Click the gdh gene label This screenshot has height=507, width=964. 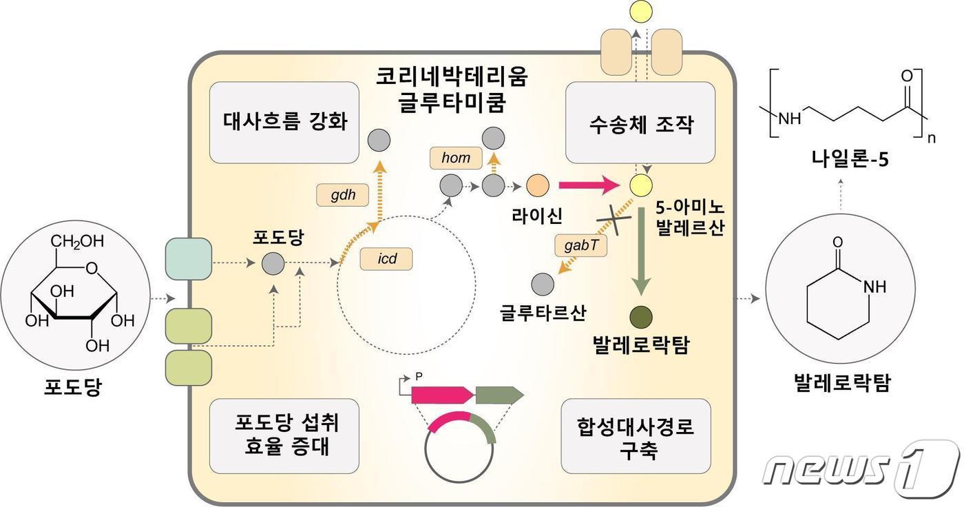(x=343, y=194)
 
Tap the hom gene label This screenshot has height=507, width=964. (x=455, y=158)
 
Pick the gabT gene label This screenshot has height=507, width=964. (x=580, y=245)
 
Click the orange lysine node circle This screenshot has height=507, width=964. (x=537, y=185)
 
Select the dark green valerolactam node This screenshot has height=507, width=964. (x=641, y=317)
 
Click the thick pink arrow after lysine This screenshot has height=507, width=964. (x=589, y=185)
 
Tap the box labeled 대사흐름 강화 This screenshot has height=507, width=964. (x=284, y=123)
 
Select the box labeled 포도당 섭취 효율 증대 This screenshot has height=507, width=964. (x=284, y=436)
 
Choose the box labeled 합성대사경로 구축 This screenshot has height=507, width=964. (x=636, y=436)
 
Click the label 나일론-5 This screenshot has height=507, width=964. (x=849, y=163)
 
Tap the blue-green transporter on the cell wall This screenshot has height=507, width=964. (x=189, y=258)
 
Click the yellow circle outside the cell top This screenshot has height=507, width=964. (x=637, y=10)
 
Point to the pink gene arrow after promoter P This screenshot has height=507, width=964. (x=441, y=395)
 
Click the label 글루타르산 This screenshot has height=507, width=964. (x=543, y=312)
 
